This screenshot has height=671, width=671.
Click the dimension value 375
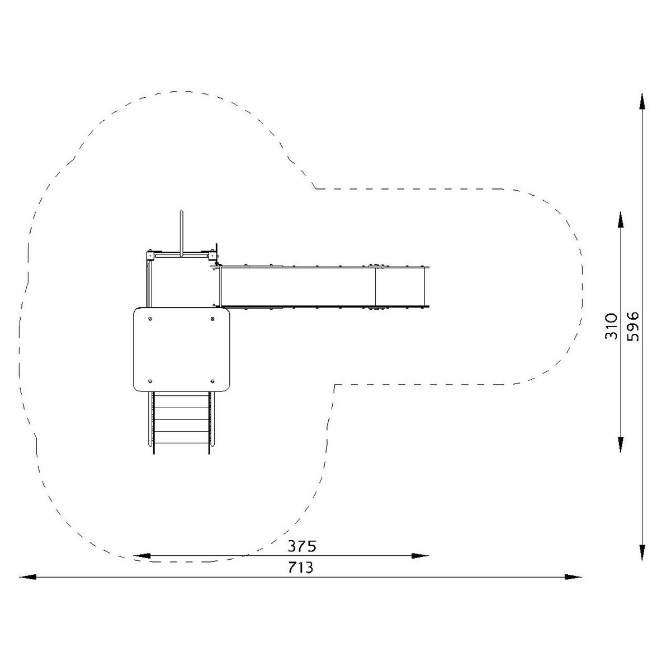(301, 546)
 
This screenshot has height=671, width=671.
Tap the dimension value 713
(300, 568)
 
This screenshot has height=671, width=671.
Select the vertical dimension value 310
(611, 326)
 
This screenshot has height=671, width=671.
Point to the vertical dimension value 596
(632, 326)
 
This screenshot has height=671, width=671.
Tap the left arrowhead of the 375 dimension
(141, 556)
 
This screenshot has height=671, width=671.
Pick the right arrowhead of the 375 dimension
(419, 556)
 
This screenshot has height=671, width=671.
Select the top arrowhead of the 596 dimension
(642, 101)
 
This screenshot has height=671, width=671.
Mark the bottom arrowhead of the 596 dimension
(642, 551)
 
